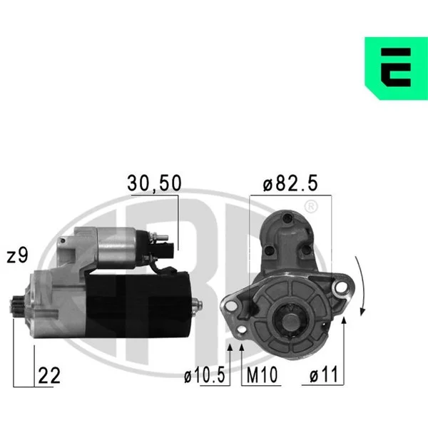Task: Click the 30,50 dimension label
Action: tap(154, 183)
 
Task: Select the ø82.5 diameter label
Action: tap(290, 183)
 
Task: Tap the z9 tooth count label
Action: tap(17, 255)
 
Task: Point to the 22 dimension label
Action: tap(49, 376)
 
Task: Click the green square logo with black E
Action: tap(397, 68)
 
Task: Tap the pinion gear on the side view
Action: tap(17, 306)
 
